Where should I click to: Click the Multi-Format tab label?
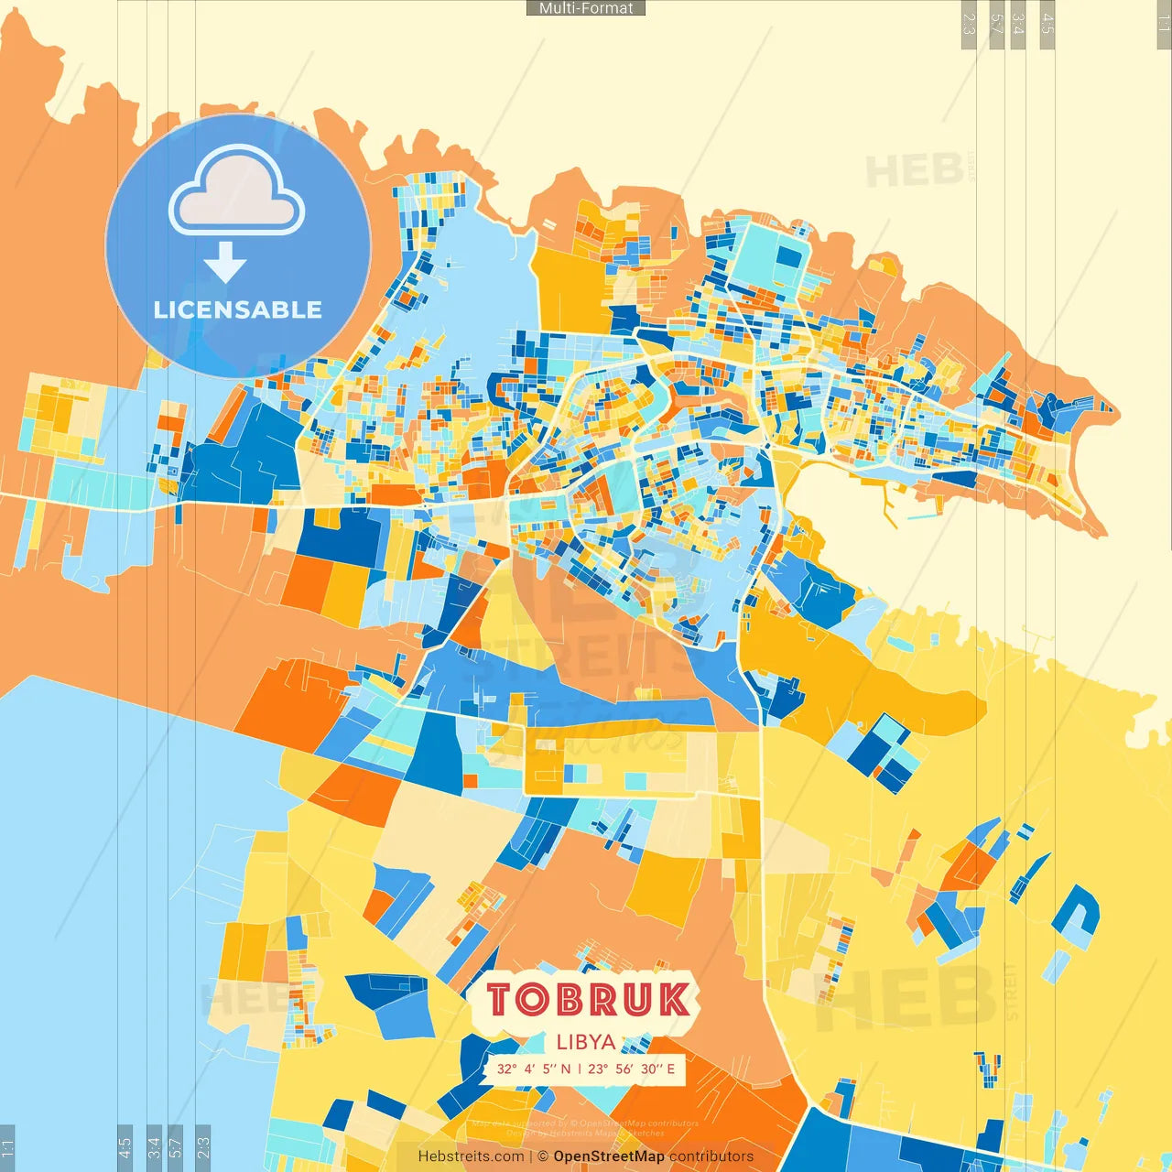click(586, 8)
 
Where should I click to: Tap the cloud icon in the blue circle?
click(237, 191)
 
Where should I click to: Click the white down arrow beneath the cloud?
click(225, 263)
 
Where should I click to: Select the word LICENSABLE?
click(238, 310)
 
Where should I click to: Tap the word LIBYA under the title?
click(586, 1042)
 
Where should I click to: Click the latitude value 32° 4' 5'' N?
click(533, 1069)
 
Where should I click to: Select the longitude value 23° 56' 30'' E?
click(632, 1069)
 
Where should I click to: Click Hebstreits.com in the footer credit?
click(471, 1156)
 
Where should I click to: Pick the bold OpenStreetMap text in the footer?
click(609, 1156)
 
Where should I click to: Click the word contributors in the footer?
click(711, 1156)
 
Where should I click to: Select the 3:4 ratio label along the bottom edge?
click(154, 1146)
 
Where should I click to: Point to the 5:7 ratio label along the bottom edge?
click(176, 1146)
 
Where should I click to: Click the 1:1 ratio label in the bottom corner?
click(7, 1146)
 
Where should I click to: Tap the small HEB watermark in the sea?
click(915, 171)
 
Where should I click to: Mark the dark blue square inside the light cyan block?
click(787, 257)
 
